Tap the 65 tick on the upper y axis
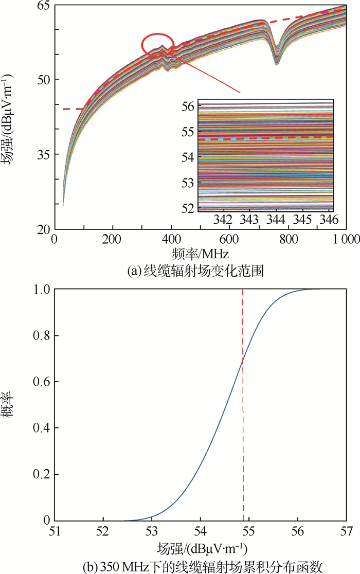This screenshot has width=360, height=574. (44, 5)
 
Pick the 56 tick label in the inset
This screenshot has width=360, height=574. (187, 106)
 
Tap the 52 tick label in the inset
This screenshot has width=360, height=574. (187, 208)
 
